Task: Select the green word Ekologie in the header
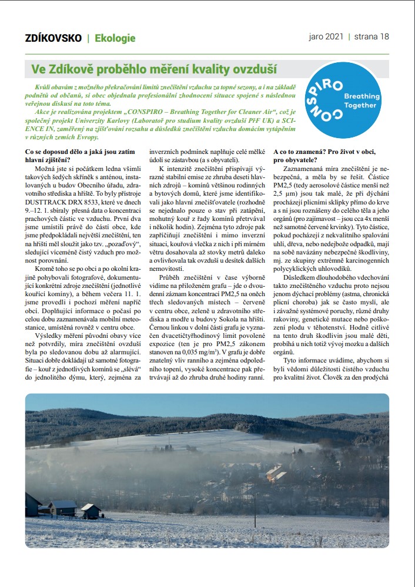pos(115,38)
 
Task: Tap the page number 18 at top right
pos(384,36)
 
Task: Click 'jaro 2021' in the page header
pos(326,36)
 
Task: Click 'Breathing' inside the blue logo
pos(360,95)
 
